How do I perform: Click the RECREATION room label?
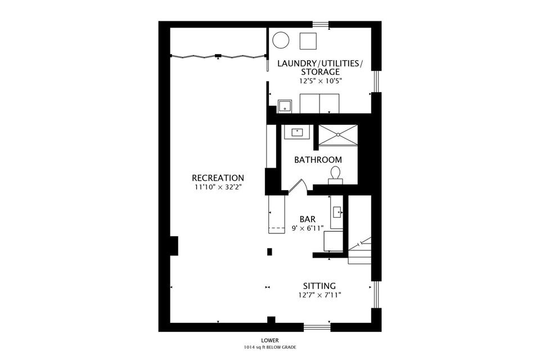click(x=218, y=178)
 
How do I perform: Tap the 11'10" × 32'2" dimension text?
click(x=218, y=188)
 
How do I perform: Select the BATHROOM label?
click(x=318, y=160)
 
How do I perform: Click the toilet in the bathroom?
click(x=335, y=174)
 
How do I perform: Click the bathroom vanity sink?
click(x=297, y=132)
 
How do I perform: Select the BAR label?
click(x=308, y=219)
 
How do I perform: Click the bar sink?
click(x=337, y=212)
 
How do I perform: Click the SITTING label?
click(x=319, y=286)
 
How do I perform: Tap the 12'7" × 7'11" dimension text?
click(x=319, y=295)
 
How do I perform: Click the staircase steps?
click(x=360, y=250)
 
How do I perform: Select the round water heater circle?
click(x=281, y=40)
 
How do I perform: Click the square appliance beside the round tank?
click(x=308, y=41)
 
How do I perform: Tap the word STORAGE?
click(x=320, y=72)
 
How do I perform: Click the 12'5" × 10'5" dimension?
click(x=320, y=82)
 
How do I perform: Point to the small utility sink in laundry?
click(x=285, y=106)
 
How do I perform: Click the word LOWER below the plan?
click(x=269, y=341)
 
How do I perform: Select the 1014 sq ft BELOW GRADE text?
click(x=269, y=347)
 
